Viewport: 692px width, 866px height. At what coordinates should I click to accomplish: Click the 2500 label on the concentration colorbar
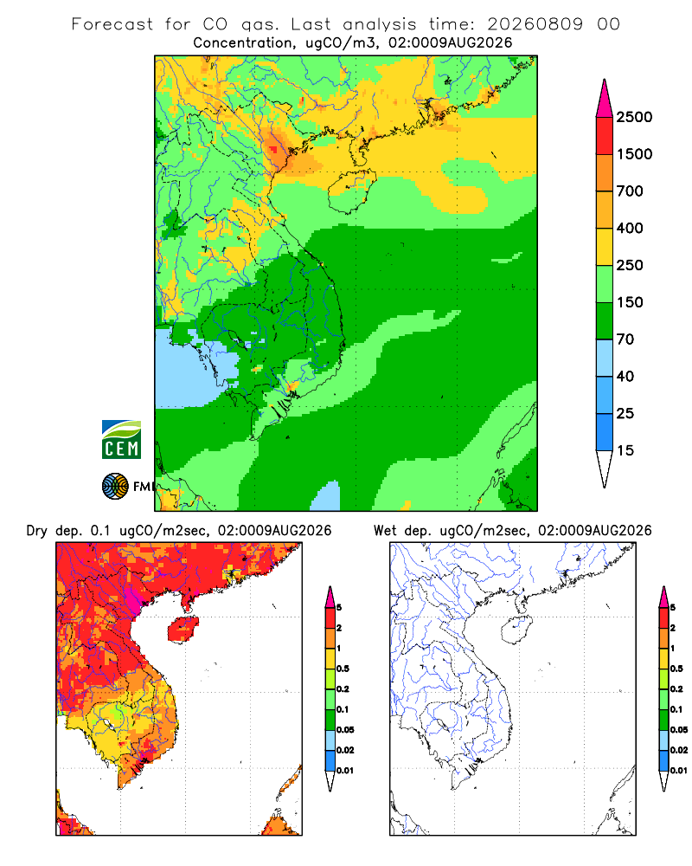pos(634,117)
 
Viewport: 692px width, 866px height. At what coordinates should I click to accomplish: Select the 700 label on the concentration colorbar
pos(630,191)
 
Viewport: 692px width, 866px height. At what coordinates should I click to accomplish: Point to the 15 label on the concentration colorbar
pos(625,450)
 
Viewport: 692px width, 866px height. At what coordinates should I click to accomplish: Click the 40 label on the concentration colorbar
pos(625,376)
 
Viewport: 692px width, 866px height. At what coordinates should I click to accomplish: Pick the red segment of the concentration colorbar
pos(605,136)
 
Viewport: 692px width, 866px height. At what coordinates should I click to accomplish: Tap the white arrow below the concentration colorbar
pos(605,469)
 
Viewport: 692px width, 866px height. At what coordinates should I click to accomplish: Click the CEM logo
pos(121,440)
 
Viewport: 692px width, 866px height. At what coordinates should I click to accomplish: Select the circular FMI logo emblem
pos(115,487)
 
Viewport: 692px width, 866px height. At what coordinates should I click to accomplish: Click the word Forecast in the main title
pos(112,24)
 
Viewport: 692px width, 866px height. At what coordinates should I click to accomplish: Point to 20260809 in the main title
pos(535,24)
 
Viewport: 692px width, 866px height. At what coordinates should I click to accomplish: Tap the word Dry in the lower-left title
pos(36,531)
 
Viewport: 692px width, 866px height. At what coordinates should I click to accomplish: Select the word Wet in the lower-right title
pos(385,531)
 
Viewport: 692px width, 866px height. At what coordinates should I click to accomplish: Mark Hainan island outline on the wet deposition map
pos(503,630)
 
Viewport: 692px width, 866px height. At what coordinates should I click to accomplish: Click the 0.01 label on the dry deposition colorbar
pos(345,771)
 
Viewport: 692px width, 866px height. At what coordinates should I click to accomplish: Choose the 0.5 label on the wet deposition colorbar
pos(676,669)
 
